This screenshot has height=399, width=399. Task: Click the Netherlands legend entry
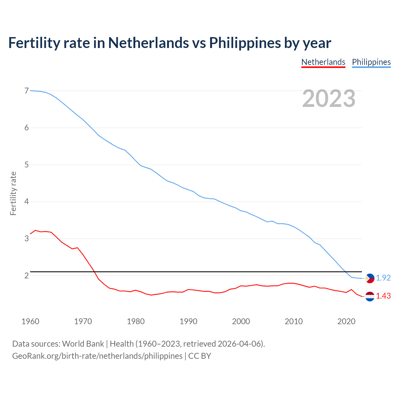point(323,62)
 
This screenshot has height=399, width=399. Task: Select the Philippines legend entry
point(371,62)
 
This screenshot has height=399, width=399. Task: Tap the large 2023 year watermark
point(329,99)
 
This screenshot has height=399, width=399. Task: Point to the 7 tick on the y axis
point(26,91)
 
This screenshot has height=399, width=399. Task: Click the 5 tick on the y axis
point(26,165)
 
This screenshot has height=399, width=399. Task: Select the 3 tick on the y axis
point(26,238)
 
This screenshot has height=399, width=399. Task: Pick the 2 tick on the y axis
point(26,276)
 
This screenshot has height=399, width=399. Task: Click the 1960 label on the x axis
point(30,321)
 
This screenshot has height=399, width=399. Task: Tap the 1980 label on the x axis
point(136,321)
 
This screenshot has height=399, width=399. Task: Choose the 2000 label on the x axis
point(241,321)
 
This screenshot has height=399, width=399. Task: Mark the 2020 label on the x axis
point(346,321)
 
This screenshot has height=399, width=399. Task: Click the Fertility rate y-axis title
point(13,193)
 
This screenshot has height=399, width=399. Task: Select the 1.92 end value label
point(383,278)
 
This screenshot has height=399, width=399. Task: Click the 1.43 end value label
point(383,296)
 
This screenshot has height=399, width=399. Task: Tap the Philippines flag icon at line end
point(370,278)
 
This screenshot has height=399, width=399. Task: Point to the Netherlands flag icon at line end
point(370,296)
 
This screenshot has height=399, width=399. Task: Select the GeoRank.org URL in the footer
point(97,356)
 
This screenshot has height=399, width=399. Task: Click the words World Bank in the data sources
point(83,344)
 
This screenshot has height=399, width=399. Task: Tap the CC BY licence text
point(199,356)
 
